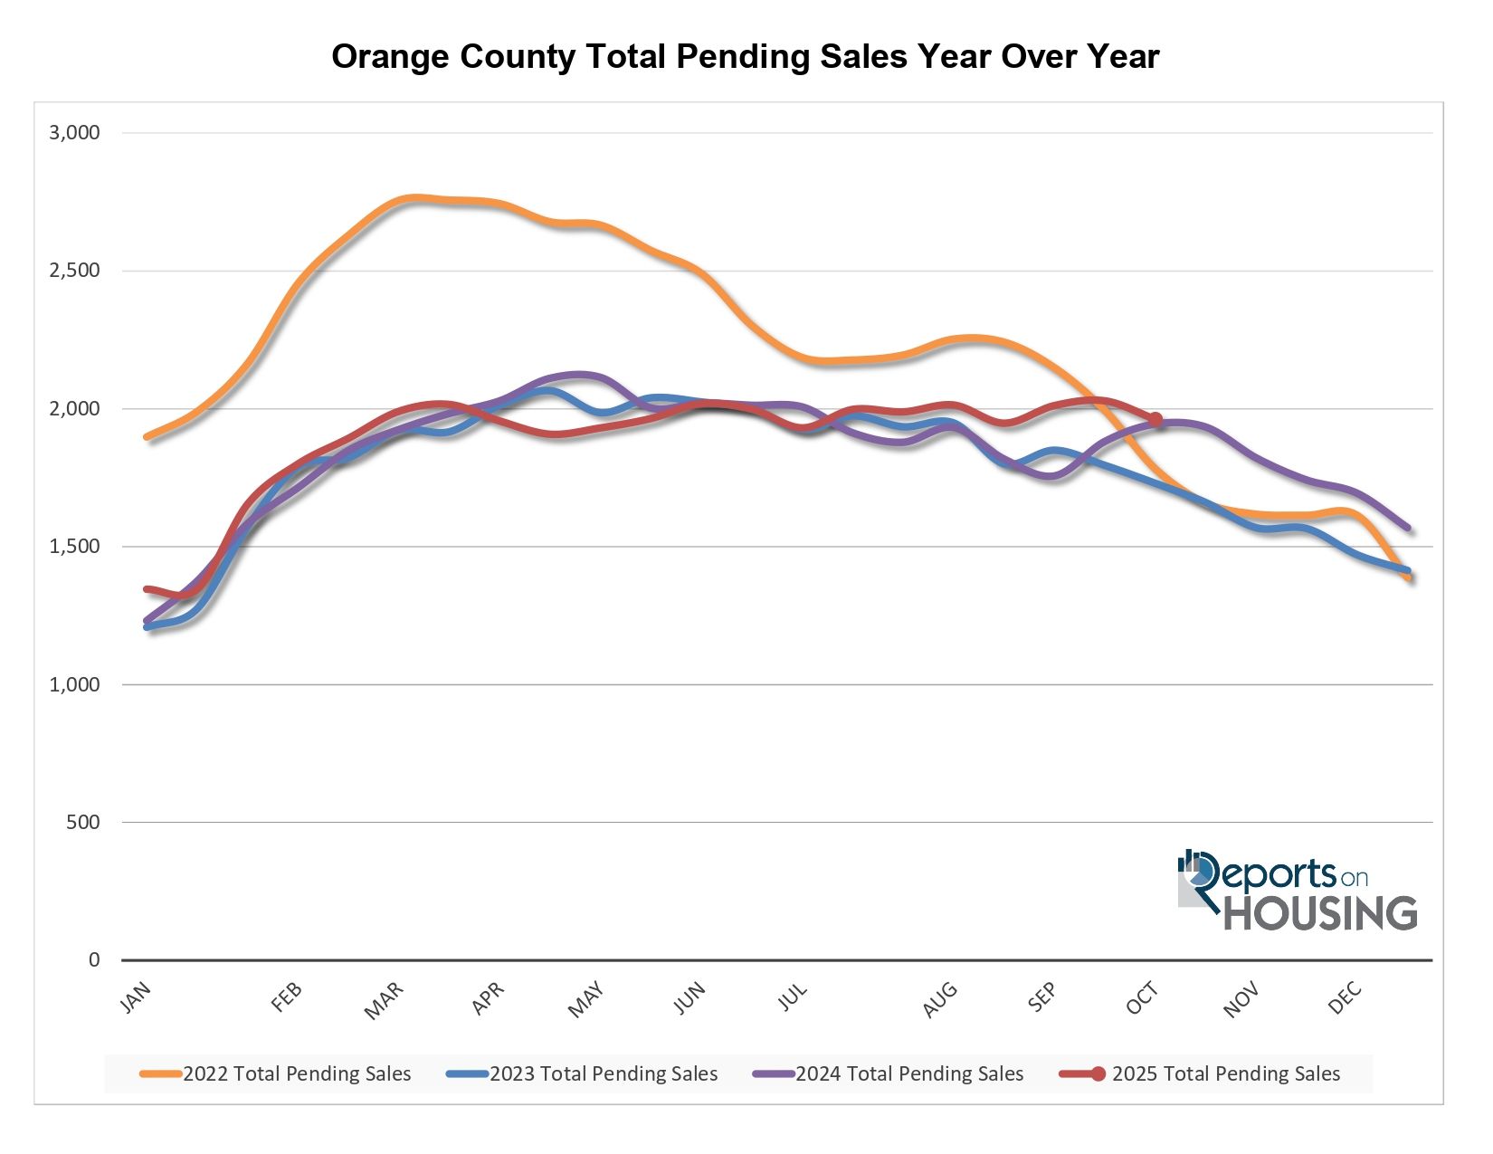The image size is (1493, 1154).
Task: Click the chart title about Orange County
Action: click(x=745, y=56)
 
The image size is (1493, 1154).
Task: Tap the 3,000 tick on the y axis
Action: click(x=74, y=133)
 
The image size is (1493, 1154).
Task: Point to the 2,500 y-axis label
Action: click(x=74, y=271)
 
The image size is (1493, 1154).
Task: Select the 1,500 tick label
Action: click(x=74, y=547)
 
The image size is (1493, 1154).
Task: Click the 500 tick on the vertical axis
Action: click(x=82, y=823)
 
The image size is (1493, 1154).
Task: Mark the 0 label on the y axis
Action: click(x=94, y=960)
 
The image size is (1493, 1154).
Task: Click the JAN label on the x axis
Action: click(x=136, y=997)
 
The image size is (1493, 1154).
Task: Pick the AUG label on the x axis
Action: click(x=940, y=999)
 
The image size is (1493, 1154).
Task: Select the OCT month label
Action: click(x=1142, y=999)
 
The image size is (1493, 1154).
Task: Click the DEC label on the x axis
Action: click(x=1346, y=999)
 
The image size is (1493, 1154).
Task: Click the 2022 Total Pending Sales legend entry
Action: click(x=276, y=1074)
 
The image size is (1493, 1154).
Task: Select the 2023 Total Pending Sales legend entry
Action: click(x=583, y=1074)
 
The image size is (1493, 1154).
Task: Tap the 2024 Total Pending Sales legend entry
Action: click(x=889, y=1074)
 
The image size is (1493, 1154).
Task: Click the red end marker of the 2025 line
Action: click(x=1155, y=419)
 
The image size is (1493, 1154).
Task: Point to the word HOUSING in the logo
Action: click(x=1320, y=913)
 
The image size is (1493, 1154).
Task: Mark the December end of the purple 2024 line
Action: click(x=1408, y=528)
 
